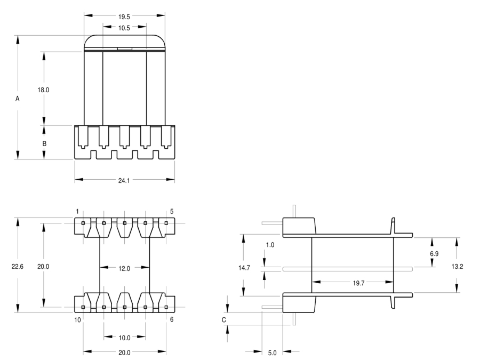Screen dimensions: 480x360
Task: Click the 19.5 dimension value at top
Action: [124, 17]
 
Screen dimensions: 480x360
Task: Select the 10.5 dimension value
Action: [124, 28]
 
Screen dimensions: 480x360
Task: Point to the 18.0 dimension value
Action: [43, 90]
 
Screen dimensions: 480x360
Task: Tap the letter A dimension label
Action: [18, 99]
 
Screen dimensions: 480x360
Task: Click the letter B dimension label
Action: [44, 143]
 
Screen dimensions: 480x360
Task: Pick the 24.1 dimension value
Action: [124, 181]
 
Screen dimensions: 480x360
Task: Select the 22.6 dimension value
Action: [18, 267]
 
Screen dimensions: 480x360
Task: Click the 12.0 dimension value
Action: [124, 269]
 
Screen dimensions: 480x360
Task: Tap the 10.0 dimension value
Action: [124, 338]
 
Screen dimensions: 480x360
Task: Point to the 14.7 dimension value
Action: [244, 268]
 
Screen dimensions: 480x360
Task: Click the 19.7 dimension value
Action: [358, 283]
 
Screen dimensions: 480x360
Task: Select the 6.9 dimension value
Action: [434, 254]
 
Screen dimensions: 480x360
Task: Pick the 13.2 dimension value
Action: [457, 267]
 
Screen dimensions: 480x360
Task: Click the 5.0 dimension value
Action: [272, 353]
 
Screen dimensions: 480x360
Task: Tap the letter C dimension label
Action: [224, 320]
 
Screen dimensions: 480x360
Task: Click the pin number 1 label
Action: [77, 212]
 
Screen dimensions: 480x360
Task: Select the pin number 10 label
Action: [77, 320]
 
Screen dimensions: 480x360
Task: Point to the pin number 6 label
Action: [172, 319]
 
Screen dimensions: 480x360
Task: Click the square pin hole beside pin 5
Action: [166, 223]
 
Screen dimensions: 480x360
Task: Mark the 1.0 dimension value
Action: [270, 245]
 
